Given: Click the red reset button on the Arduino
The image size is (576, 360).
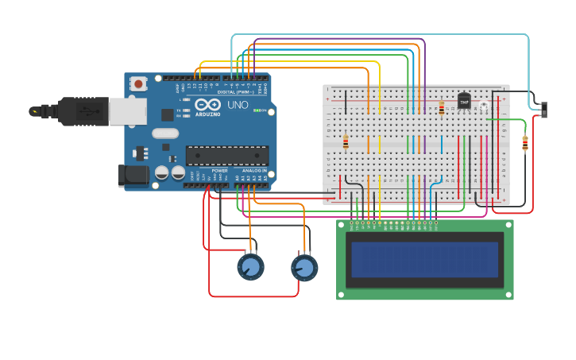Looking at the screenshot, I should pos(139,83).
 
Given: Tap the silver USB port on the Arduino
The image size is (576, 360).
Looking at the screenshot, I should pos(122,112).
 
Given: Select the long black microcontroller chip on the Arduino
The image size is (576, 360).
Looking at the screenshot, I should pos(226,155).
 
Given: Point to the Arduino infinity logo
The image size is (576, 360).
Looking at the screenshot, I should pos(207,105).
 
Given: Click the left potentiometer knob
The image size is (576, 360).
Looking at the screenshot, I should pos(250,267).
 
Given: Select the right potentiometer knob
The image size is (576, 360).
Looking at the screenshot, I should pos(304,268).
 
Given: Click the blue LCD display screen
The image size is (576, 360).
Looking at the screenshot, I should pos(424,260).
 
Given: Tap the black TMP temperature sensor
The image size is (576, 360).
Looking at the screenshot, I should pos(464,101).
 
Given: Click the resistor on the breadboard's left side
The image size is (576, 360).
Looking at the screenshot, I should pos(346,142).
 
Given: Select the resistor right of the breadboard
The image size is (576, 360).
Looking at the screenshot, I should pos(524,143).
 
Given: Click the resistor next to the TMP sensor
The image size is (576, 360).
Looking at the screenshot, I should pos(442,107).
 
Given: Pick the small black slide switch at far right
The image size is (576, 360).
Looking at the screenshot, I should pos(545,110).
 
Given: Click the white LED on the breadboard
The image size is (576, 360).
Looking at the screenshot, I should pos(483,106).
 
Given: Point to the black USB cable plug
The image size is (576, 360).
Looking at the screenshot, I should pos(75,111).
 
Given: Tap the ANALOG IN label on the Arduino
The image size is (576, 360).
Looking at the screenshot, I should pos(253,170).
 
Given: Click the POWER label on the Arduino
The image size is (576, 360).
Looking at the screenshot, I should pos(220,170).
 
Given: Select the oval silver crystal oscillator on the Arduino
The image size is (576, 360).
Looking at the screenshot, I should pos(165,134).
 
